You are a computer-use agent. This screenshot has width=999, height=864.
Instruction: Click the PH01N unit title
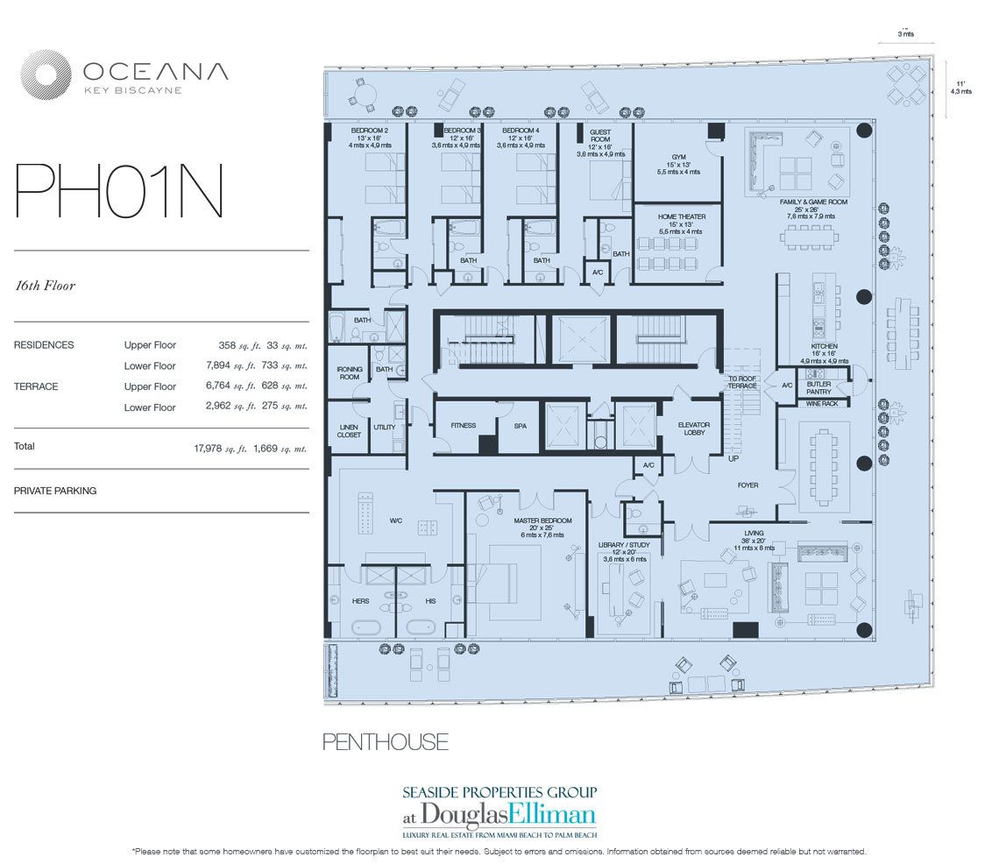tap(119, 192)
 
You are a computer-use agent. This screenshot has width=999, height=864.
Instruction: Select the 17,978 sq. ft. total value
tap(216, 448)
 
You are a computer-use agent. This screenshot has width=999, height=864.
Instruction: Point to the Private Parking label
tap(55, 491)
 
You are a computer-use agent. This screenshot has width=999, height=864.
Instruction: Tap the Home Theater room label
tap(680, 216)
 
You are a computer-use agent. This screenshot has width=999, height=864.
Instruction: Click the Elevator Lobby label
tap(693, 429)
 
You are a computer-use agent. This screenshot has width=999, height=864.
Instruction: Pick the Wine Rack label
tap(824, 403)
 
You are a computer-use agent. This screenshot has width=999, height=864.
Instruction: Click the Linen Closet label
tap(349, 430)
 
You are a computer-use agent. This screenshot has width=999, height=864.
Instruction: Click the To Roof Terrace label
tap(741, 382)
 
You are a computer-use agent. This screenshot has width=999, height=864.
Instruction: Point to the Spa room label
tap(518, 426)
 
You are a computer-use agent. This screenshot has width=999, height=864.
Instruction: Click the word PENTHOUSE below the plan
tap(386, 742)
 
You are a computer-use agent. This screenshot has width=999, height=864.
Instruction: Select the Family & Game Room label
tap(813, 202)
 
